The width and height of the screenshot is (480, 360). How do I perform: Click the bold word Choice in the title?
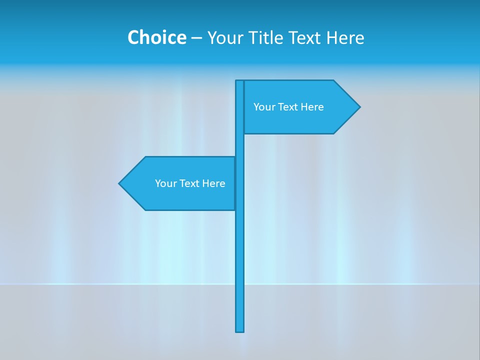pos(156,37)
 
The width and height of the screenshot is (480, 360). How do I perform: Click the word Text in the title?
pos(305,37)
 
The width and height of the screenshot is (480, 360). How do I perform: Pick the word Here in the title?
pos(345,37)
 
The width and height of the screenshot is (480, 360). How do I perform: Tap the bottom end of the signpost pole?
pos(240,330)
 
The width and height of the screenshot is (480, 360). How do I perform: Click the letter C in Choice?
pos(133,37)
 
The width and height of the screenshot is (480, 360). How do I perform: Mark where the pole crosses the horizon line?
pos(240,284)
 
